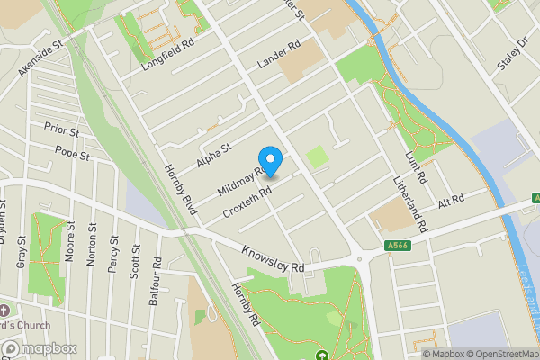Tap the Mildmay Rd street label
click(240, 179)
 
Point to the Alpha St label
click(214, 155)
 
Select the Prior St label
click(62, 131)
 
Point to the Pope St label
click(72, 153)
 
